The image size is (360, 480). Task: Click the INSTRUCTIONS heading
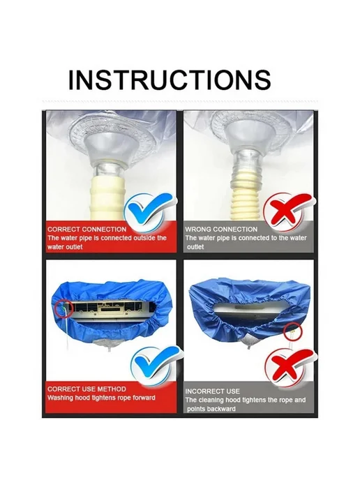tap(170, 80)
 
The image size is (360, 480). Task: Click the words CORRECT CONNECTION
tap(87, 230)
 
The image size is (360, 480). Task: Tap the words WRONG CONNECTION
tap(221, 230)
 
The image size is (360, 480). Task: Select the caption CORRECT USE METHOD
tap(87, 389)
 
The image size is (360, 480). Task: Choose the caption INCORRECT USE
tap(213, 391)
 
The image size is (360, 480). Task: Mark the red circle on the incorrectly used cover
tap(292, 332)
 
